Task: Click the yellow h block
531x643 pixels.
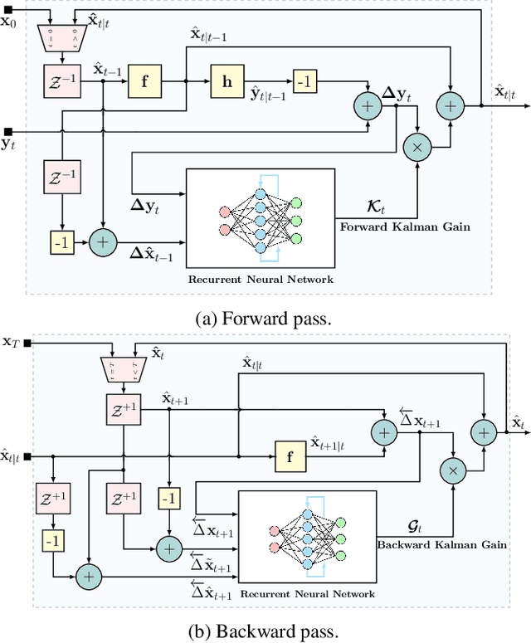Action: [226, 80]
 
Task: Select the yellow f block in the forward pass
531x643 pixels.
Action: [144, 80]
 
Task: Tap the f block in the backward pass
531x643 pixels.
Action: [290, 456]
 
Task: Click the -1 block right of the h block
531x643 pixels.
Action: [304, 80]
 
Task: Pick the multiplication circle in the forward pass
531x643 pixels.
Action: [418, 145]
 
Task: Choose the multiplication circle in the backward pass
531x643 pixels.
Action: [453, 471]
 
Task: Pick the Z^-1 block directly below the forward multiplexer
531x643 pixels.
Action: [61, 80]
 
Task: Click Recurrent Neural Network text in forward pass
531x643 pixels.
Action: [260, 279]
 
